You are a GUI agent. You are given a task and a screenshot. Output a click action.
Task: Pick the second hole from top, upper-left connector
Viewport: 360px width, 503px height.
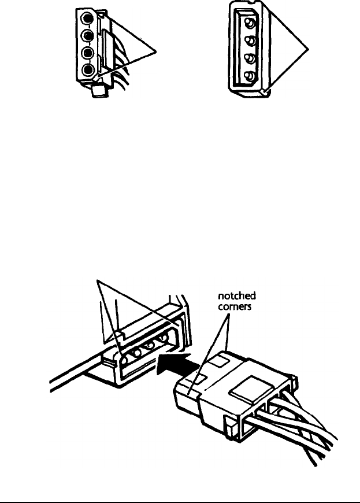click(x=87, y=36)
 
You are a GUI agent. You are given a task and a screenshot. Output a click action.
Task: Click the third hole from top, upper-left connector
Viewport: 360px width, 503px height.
click(x=87, y=54)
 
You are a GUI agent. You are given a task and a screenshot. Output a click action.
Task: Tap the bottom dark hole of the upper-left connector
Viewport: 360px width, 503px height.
click(x=87, y=71)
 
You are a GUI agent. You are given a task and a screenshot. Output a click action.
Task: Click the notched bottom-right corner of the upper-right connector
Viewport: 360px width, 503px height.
click(x=263, y=91)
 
